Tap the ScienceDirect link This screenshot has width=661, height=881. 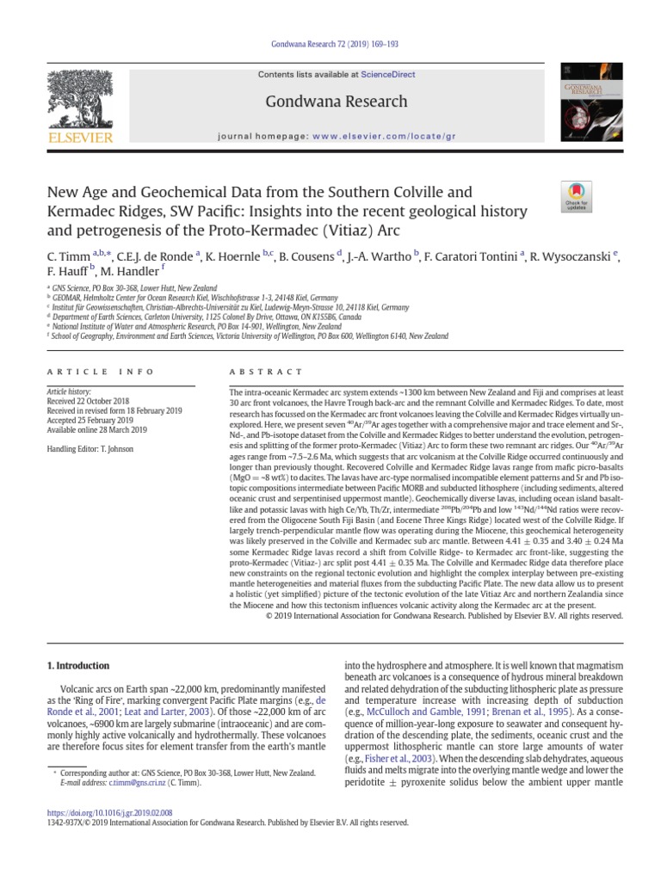[387, 75]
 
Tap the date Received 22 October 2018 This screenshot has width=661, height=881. [87, 401]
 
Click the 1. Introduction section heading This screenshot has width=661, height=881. [77, 665]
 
